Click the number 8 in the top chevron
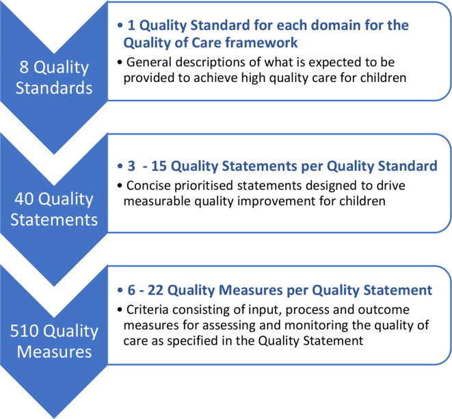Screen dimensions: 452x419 [24, 67]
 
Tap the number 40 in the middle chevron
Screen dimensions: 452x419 [24, 199]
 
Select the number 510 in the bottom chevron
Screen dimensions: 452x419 [24, 331]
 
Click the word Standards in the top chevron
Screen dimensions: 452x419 [54, 88]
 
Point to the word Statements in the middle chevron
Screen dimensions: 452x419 [54, 219]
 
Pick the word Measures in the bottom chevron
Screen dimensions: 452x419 [54, 351]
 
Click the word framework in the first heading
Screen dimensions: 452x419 [261, 42]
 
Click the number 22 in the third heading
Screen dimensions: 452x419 [156, 290]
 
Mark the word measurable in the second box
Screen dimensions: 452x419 [157, 201]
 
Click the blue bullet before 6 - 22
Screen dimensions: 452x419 [120, 290]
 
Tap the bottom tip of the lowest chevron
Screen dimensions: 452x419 [54, 418]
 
